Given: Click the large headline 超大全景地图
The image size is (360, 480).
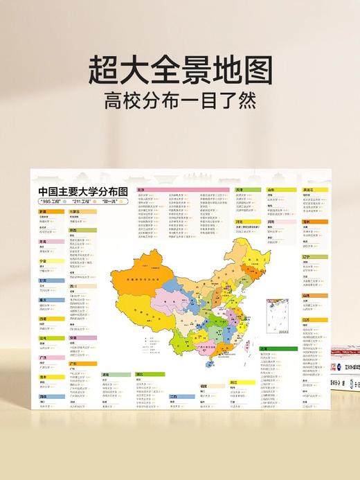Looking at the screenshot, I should [180, 71].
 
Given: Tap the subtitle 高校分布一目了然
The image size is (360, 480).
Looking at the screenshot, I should [180, 103].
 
